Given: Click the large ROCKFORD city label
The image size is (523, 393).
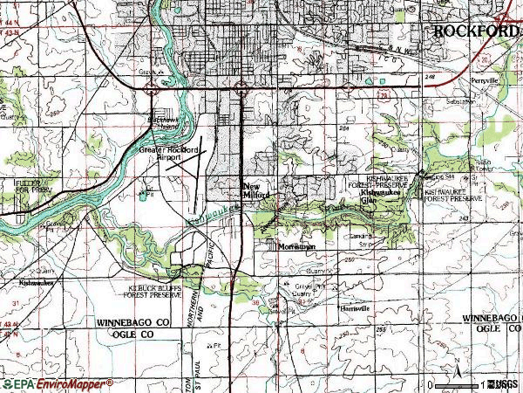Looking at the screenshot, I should pyautogui.click(x=476, y=31).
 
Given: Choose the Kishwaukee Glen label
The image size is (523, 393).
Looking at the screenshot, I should pyautogui.click(x=381, y=199).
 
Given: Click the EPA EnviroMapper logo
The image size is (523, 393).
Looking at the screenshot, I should pyautogui.click(x=57, y=383).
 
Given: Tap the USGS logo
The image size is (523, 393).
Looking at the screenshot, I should pyautogui.click(x=503, y=384).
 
